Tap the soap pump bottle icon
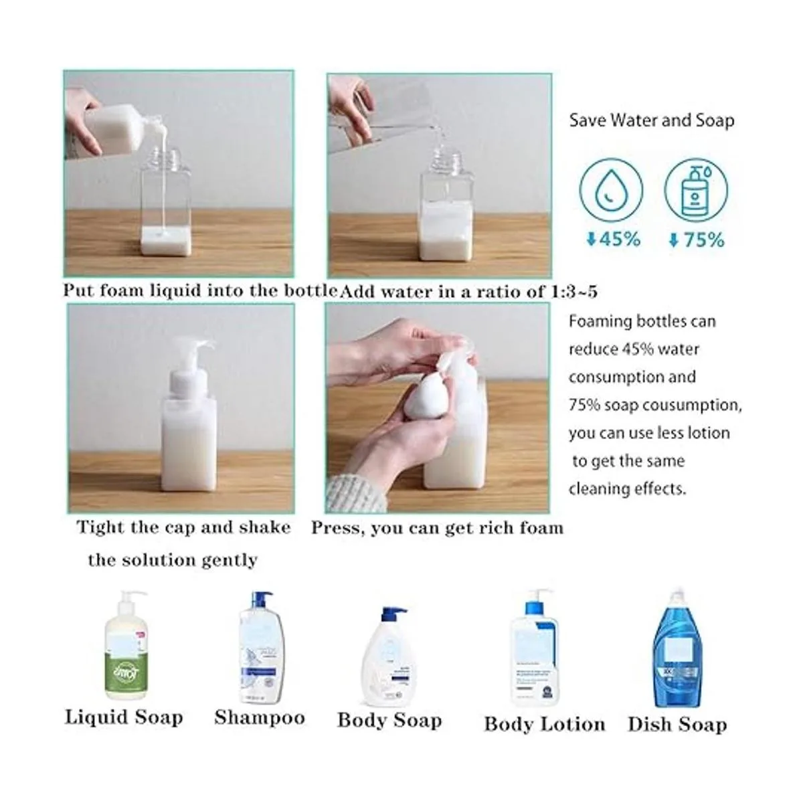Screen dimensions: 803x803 tap(695, 191)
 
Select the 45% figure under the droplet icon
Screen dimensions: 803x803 tap(613, 239)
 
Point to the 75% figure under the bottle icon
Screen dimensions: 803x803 tap(697, 240)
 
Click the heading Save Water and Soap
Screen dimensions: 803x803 tap(651, 120)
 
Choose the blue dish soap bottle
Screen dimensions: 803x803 tap(677, 646)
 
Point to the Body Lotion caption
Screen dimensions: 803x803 tap(544, 735)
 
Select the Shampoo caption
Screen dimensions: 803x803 tap(260, 729)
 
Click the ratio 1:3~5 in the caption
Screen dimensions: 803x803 tap(574, 291)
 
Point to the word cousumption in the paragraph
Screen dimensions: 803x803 tap(697, 405)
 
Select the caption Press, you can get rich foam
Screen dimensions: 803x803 tap(437, 529)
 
